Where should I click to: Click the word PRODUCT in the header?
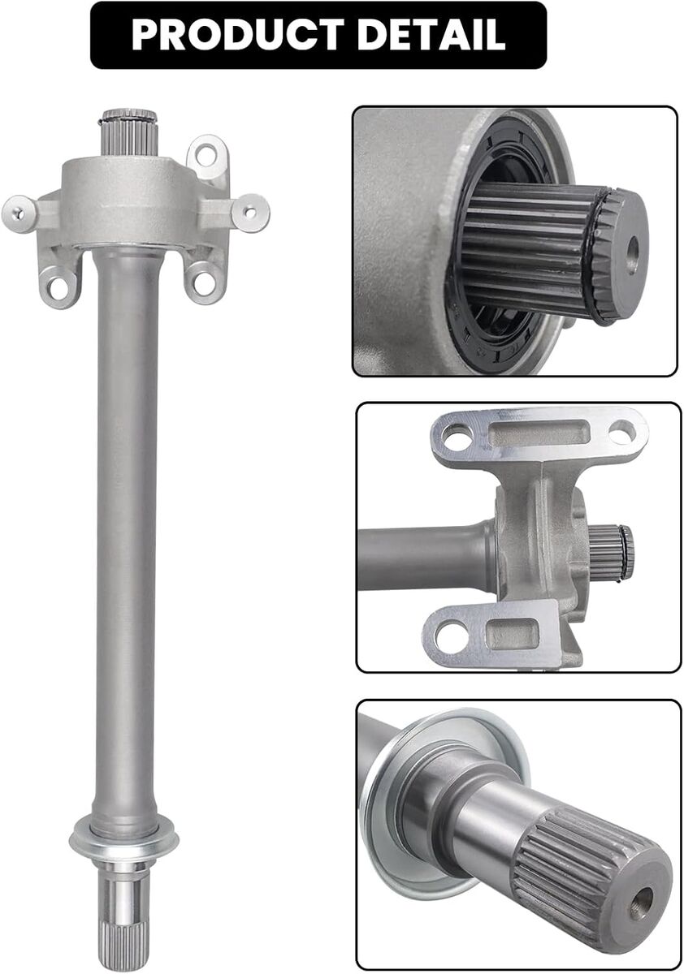tap(238, 35)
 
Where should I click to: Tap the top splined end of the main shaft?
tap(129, 131)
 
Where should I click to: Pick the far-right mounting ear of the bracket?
tap(249, 213)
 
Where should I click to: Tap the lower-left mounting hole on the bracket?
tap(58, 287)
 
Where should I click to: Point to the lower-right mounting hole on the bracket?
tap(203, 283)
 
